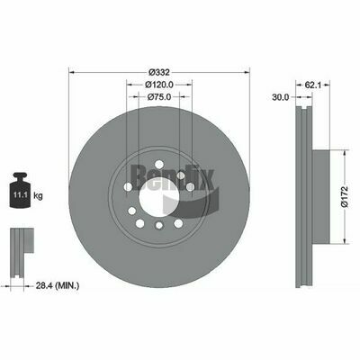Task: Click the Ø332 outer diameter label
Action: click(159, 72)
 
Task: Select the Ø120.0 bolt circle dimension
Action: click(159, 85)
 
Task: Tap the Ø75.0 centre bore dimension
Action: click(159, 97)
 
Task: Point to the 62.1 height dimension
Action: click(313, 85)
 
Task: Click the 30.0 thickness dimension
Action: click(281, 97)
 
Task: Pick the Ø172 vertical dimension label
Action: click(344, 197)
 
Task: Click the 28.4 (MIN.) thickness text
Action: click(58, 286)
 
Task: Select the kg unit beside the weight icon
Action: click(38, 196)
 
